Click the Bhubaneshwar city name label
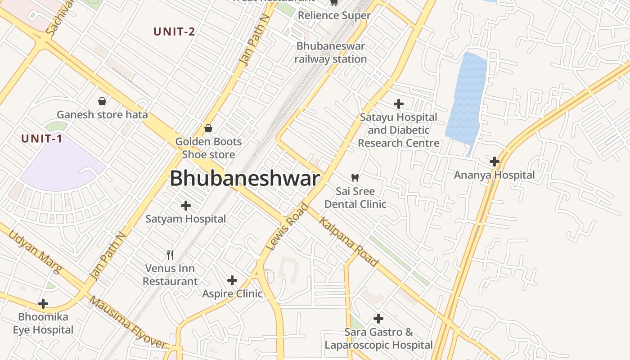(244, 179)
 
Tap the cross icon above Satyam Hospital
(185, 206)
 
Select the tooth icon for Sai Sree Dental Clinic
(355, 178)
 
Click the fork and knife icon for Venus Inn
(170, 255)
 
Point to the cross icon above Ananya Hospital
(495, 161)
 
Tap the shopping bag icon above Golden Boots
(208, 128)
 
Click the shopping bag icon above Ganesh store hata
(102, 101)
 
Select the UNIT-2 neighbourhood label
(174, 31)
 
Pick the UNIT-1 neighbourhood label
(41, 139)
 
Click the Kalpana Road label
(348, 241)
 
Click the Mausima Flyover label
(128, 323)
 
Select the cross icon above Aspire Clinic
(232, 280)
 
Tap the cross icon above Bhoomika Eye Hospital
(43, 304)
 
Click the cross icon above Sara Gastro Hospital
(378, 319)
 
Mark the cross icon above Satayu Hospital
(398, 104)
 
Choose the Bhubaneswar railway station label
(331, 53)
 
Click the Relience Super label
(334, 15)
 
